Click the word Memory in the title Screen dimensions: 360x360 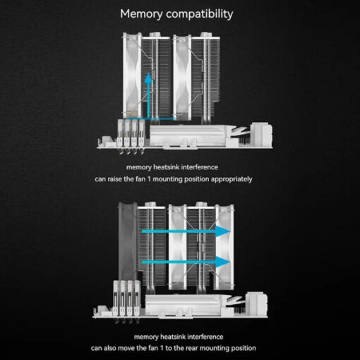coord(141,14)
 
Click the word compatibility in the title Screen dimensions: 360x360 coord(200,15)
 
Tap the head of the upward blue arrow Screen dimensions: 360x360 coord(148,78)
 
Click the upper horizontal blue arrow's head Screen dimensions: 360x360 coord(223,232)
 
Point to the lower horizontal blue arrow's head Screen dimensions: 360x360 coord(223,262)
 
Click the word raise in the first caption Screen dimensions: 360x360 coord(115,179)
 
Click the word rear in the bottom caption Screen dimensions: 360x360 coord(192,348)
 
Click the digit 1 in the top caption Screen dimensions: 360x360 coord(149,179)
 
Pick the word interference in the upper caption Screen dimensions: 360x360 coord(200,167)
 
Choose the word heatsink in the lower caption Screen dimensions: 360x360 coord(173,337)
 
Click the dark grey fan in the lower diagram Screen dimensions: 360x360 coord(127,241)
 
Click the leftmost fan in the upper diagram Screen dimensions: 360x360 coord(132,76)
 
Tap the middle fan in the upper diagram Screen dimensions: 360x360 coord(182,77)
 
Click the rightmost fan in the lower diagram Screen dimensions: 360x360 coord(224,247)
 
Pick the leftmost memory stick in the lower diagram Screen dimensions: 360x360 coord(116,299)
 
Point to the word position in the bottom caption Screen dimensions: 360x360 coord(244,349)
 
